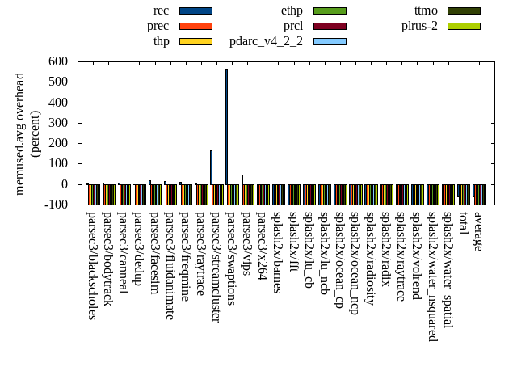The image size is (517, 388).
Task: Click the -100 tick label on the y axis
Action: pos(56,205)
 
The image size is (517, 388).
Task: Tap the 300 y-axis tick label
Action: pos(57,123)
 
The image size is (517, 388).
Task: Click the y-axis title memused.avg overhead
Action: pos(20,133)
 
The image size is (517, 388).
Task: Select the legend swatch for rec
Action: pos(195,11)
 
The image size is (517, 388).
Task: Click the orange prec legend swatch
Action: pos(195,26)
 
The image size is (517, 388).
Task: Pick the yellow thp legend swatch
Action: pos(195,41)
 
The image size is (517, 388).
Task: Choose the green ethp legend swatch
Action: pos(330,11)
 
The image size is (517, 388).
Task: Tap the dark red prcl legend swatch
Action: pos(330,26)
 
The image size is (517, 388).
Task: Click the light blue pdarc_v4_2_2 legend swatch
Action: pos(330,41)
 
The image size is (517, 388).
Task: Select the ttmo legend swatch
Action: pos(464,11)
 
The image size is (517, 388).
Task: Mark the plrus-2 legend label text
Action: pos(419,26)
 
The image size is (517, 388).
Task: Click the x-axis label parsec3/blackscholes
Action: pos(91,265)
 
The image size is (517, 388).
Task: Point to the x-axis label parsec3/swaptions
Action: pos(231,258)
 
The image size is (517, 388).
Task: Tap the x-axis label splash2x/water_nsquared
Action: pos(432,276)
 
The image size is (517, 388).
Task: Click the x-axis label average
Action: pos(478,231)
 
